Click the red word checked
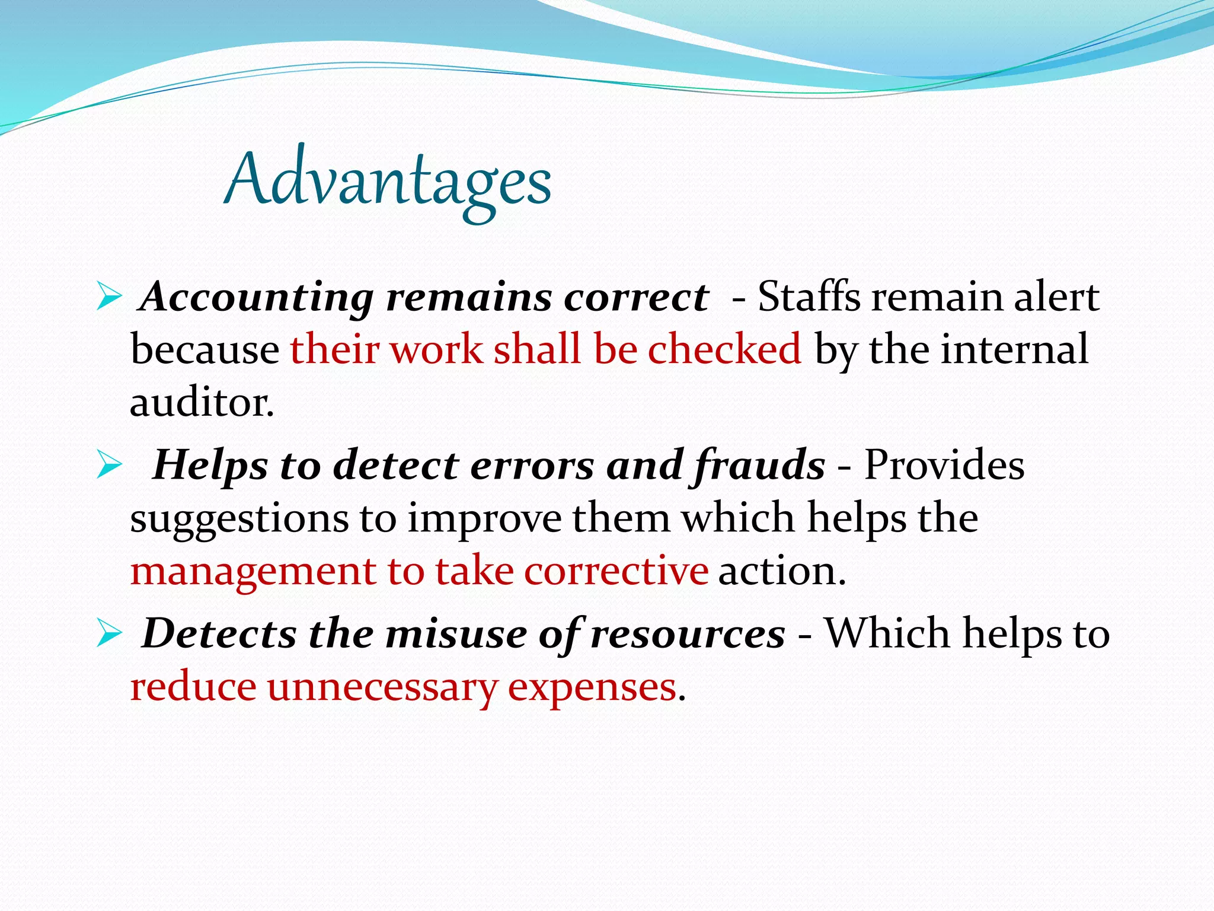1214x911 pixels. (724, 349)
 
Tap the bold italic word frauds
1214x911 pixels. (759, 464)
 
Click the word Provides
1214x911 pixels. (944, 464)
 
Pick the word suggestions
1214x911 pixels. (239, 519)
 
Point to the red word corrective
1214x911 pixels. (616, 571)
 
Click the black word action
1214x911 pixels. (781, 571)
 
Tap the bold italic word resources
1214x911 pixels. (688, 633)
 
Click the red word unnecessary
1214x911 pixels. (382, 688)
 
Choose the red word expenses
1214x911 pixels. (592, 688)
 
